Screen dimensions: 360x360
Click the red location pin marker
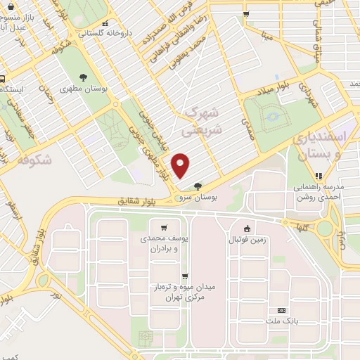pyautogui.click(x=181, y=165)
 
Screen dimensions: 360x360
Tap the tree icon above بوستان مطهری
pyautogui.click(x=83, y=77)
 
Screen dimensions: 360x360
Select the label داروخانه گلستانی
pyautogui.click(x=103, y=32)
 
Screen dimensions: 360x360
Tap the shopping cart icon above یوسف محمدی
pyautogui.click(x=164, y=228)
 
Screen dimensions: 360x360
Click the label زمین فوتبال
pyautogui.click(x=247, y=240)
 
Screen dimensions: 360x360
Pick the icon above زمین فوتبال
pyautogui.click(x=247, y=228)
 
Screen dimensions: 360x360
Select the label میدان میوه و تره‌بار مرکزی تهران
pyautogui.click(x=185, y=294)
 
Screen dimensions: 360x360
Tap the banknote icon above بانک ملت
pyautogui.click(x=282, y=310)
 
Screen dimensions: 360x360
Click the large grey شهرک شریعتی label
pyautogui.click(x=202, y=121)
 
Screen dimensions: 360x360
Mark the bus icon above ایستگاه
pyautogui.click(x=3, y=78)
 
